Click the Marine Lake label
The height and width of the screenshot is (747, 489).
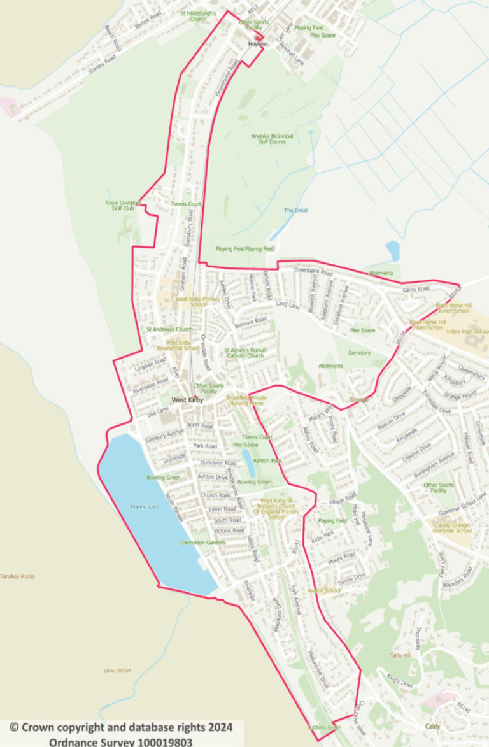143,507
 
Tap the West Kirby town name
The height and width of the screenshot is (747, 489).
187,400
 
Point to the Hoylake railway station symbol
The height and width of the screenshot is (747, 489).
257,37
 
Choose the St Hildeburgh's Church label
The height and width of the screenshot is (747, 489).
198,16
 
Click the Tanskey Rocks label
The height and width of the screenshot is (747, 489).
18,576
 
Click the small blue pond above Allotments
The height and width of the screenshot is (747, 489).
392,250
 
